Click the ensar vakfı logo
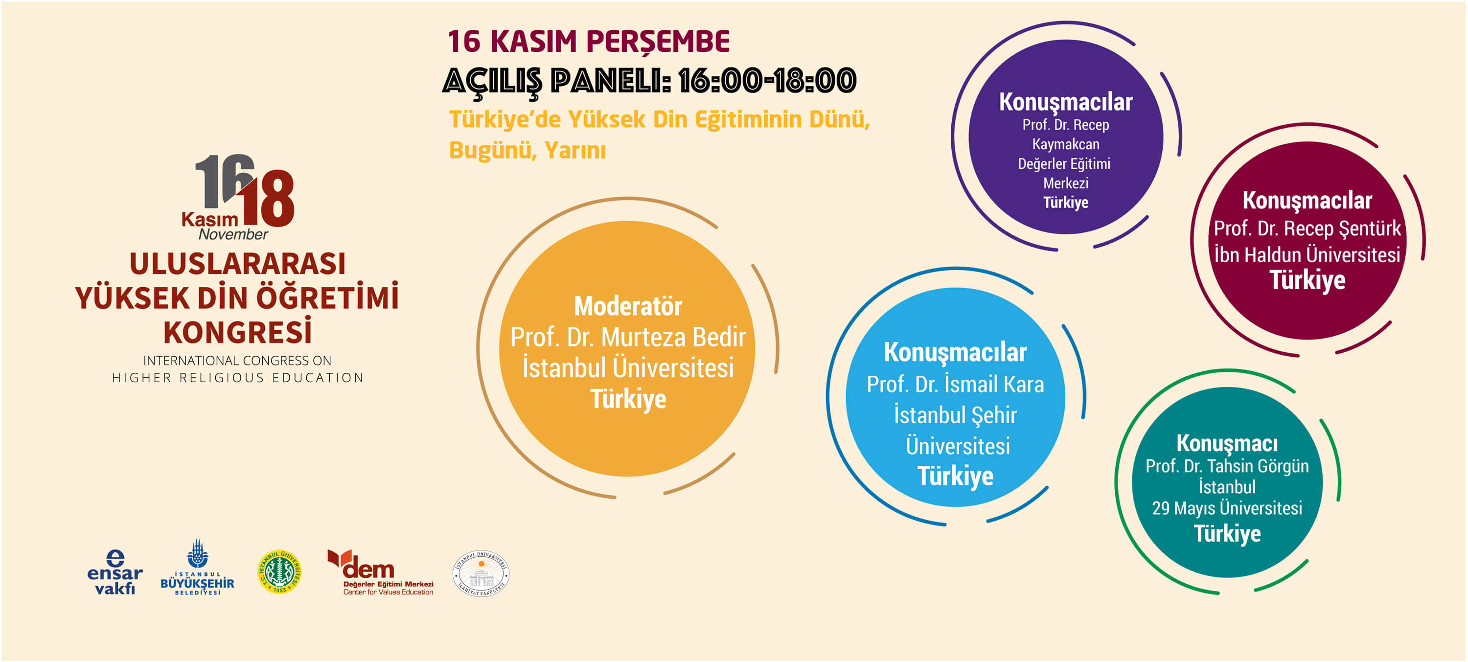point(115,572)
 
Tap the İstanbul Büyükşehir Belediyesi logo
point(197,568)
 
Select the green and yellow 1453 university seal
point(279,571)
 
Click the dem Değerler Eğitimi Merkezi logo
point(380,572)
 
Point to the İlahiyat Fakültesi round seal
point(481,573)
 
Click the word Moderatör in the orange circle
point(628,306)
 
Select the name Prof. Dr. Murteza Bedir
point(628,337)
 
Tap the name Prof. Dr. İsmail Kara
point(955,384)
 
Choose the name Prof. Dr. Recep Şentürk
point(1307,228)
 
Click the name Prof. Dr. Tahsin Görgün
point(1227,466)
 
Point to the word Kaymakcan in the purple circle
point(1066,144)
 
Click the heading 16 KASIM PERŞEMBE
point(589,42)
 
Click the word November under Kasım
point(233,234)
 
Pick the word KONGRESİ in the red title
point(238,332)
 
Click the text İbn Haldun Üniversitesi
point(1307,254)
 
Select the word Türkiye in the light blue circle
point(955,476)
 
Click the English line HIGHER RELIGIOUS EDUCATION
point(238,378)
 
